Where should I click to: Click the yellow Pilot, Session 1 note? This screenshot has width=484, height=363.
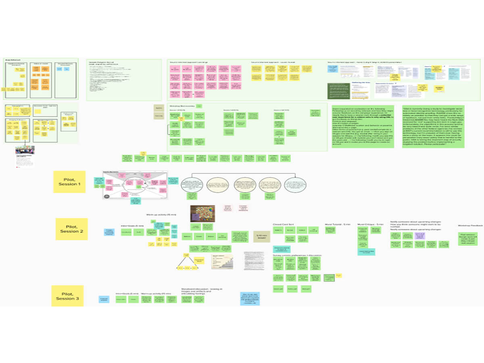(69, 181)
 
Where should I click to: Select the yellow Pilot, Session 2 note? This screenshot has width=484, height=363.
(71, 229)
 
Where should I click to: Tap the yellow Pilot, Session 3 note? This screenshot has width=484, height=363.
(67, 296)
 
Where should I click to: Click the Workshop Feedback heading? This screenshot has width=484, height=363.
(469, 225)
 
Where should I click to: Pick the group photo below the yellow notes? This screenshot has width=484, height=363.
(25, 150)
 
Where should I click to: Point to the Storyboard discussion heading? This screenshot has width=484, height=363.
(201, 290)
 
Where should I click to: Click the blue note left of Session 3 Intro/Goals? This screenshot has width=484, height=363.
(104, 299)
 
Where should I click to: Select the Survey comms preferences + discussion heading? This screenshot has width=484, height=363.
(297, 255)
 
